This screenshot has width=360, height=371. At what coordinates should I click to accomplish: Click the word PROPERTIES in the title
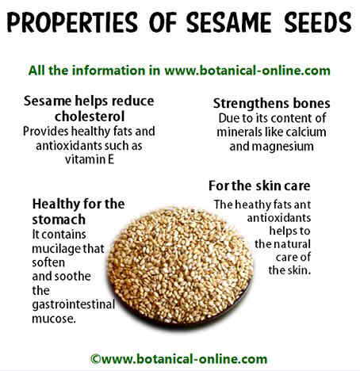(72, 22)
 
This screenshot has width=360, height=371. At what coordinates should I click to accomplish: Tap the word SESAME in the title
(229, 22)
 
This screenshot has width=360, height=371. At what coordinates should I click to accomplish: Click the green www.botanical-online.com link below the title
(247, 71)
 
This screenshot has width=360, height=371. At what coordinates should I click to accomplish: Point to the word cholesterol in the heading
(90, 117)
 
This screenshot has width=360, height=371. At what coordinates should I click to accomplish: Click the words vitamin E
(90, 159)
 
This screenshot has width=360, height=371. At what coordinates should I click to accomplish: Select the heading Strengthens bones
(271, 104)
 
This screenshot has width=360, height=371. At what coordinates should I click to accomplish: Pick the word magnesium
(283, 147)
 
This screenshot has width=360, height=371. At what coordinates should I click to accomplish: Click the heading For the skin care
(259, 185)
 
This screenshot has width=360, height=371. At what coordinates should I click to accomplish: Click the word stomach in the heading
(59, 220)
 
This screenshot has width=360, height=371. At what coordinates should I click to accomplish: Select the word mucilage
(57, 249)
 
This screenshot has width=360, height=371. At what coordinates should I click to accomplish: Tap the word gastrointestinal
(73, 304)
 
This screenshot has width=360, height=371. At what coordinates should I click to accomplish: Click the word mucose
(54, 319)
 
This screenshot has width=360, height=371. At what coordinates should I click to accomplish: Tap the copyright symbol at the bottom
(95, 359)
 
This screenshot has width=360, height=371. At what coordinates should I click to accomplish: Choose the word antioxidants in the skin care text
(279, 218)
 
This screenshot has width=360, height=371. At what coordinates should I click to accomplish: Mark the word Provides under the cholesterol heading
(45, 132)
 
